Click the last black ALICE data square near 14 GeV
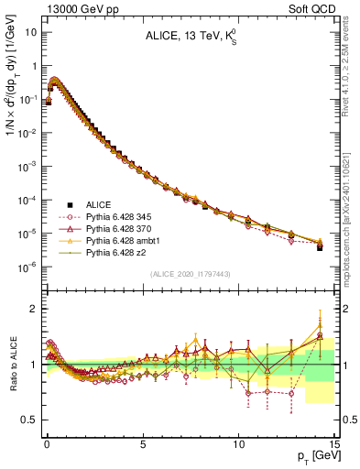pos(320,247)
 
